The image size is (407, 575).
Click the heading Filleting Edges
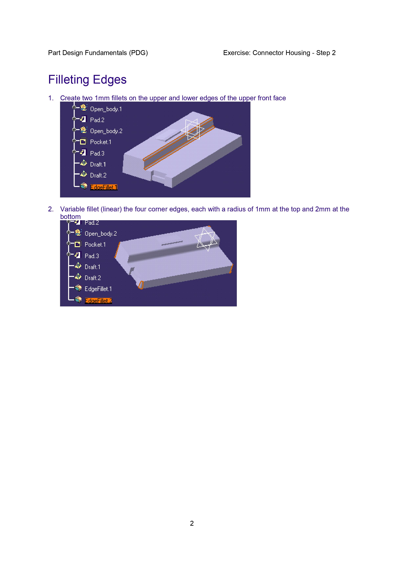[x=87, y=80]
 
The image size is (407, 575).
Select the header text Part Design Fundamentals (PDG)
[x=98, y=53]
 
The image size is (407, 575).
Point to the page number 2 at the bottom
[x=192, y=523]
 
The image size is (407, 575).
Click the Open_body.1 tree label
[x=106, y=109]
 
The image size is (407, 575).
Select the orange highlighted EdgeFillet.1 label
[x=104, y=187]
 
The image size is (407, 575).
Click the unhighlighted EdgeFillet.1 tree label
[x=98, y=289]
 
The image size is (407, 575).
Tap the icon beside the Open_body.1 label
[x=84, y=108]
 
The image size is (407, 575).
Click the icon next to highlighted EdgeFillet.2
[x=78, y=300]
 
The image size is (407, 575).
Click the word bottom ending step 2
[x=70, y=217]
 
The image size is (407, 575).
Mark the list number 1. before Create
[x=51, y=98]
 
